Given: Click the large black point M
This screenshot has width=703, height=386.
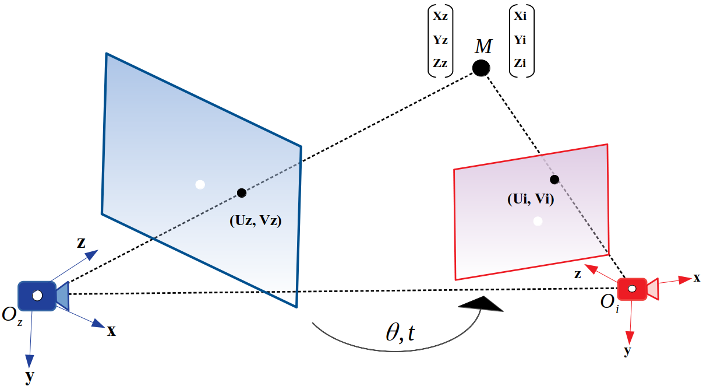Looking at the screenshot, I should click(481, 68).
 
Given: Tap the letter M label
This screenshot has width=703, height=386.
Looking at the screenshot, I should click(483, 46).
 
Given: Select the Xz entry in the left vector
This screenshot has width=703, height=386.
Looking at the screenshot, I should click(440, 16).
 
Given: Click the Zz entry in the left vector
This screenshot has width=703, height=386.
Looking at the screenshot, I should click(440, 63).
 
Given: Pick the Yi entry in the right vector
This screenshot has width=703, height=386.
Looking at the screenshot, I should click(520, 40).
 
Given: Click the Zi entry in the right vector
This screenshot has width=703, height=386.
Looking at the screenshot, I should click(520, 63).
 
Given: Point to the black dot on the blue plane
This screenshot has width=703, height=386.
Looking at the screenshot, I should click(241, 192).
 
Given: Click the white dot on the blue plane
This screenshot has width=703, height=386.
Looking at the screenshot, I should click(200, 185).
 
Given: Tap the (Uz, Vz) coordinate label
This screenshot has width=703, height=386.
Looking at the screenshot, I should click(256, 220).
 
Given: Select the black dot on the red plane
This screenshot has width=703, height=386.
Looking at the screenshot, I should click(554, 179).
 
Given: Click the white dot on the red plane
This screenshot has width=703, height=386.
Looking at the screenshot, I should click(538, 221).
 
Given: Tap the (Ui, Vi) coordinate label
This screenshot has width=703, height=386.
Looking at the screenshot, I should click(530, 200).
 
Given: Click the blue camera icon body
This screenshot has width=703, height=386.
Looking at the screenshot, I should click(37, 296).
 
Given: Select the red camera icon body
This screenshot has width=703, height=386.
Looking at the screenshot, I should click(632, 289).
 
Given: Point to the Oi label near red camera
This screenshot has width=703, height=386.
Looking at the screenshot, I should click(610, 304).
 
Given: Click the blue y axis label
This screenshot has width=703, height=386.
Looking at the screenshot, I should click(29, 377).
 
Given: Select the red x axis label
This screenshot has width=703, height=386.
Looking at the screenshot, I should click(696, 278).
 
